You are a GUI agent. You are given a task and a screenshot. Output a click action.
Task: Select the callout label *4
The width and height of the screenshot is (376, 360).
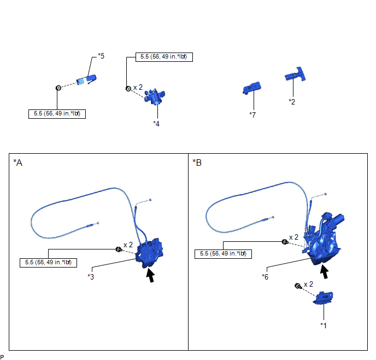(x=156, y=124)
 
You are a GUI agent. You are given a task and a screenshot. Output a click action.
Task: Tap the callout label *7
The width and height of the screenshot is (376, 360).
(x=252, y=114)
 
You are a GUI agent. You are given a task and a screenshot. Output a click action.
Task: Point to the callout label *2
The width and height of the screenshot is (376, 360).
(x=292, y=101)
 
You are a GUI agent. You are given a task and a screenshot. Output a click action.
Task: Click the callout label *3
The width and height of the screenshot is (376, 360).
(x=91, y=276)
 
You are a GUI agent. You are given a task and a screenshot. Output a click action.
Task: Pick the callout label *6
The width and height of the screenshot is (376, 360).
(x=266, y=276)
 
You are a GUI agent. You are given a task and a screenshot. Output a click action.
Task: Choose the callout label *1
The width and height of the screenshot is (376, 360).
(x=324, y=324)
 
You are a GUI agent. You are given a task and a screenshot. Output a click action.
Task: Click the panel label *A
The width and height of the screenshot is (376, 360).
(x=19, y=162)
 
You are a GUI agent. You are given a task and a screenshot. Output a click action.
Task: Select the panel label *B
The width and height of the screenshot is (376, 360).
(x=197, y=162)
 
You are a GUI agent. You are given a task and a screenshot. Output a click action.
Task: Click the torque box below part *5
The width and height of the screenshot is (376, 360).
(x=57, y=114)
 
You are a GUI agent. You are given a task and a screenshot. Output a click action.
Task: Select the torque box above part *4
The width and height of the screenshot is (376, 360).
(x=159, y=56)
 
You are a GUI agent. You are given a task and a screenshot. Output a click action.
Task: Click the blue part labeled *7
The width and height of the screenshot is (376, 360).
(x=251, y=89)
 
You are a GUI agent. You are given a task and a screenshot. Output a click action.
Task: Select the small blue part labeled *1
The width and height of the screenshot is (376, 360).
(x=325, y=298)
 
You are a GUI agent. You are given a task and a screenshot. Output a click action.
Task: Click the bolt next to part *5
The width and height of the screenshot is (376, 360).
(x=57, y=88)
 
